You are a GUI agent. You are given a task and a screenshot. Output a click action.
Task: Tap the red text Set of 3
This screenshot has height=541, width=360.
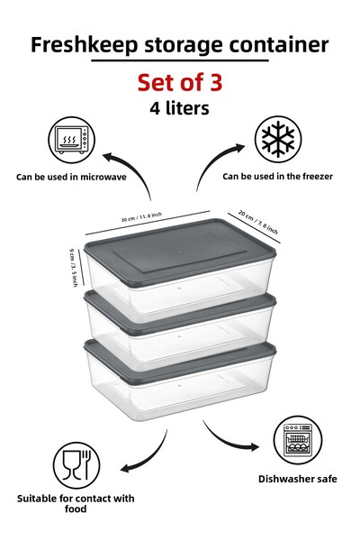[x=179, y=82]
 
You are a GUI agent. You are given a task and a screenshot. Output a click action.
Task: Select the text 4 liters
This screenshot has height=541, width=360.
[x=179, y=107]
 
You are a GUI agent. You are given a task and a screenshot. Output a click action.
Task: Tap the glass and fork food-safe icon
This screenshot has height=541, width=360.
[x=73, y=465]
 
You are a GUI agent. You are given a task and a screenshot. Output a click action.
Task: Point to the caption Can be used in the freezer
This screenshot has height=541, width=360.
[x=277, y=176]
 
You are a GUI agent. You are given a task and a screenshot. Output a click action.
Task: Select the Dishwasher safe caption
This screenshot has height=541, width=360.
[x=297, y=478]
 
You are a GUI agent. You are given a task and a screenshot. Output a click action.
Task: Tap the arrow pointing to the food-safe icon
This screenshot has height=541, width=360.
[x=144, y=459]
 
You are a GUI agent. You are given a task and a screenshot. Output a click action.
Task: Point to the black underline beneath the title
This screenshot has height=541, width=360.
[x=179, y=60]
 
